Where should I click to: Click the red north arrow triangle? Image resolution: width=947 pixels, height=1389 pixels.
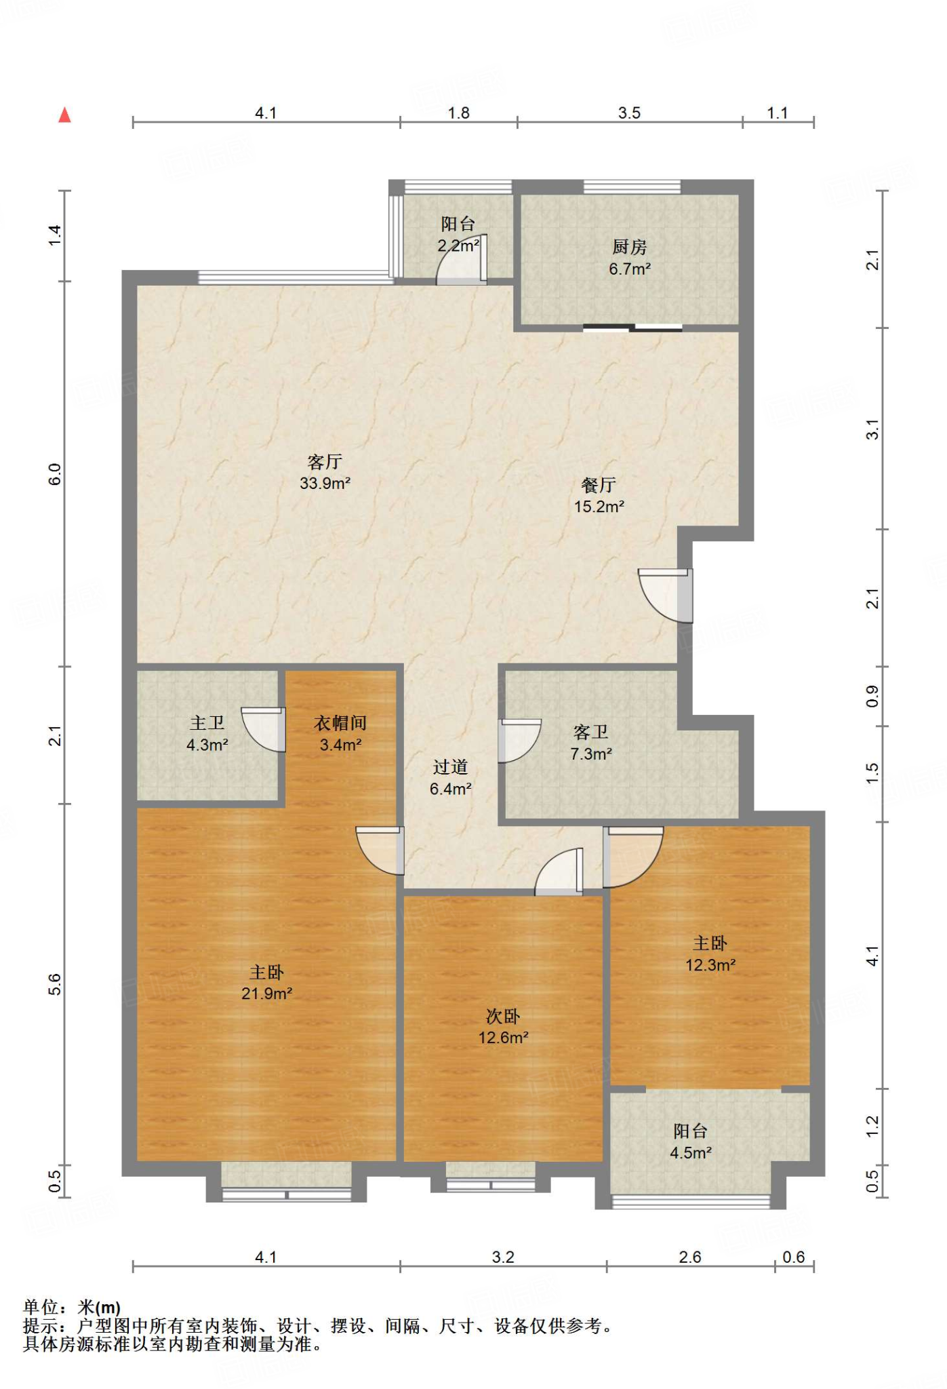64,115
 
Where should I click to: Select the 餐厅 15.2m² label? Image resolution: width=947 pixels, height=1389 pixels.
599,496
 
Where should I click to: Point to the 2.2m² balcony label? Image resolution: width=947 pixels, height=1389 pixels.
458,246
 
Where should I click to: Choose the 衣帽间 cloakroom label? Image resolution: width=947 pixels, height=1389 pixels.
340,723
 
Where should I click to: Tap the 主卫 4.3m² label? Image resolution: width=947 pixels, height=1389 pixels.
207,734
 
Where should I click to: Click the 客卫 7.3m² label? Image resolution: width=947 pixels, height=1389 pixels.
591,743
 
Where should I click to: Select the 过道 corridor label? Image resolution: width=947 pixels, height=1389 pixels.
450,767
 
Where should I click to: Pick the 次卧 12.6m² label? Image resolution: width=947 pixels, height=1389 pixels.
503,1027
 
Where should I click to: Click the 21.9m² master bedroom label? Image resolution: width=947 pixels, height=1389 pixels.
266,994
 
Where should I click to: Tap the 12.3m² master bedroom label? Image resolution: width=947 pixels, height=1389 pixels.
710,964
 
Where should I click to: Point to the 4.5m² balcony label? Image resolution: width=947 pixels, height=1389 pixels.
691,1152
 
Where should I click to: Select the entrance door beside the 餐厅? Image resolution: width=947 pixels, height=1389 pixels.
666,595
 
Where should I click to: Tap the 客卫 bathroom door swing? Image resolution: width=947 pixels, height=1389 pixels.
519,741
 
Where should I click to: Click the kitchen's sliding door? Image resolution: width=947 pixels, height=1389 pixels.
632,329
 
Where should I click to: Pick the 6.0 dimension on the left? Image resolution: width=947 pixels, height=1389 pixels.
55,474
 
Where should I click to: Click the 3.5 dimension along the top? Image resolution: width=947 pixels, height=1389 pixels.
629,113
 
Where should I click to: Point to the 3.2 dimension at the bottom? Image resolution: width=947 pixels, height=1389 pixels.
503,1257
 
